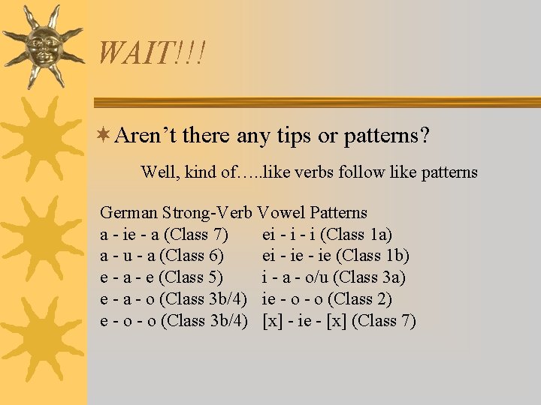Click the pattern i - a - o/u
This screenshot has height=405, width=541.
(x=297, y=278)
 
